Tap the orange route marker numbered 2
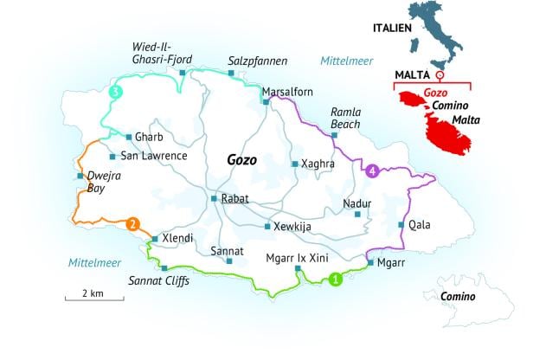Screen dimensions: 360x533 coord(132,225)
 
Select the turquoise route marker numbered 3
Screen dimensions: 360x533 coord(116,93)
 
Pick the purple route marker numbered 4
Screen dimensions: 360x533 coord(373,170)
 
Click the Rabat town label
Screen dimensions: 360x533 coord(235,199)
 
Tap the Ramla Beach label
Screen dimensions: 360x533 coord(346,119)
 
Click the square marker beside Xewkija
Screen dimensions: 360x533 coord(266,227)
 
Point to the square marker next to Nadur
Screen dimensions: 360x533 coord(357,214)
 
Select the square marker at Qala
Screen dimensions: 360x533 coord(401,225)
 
